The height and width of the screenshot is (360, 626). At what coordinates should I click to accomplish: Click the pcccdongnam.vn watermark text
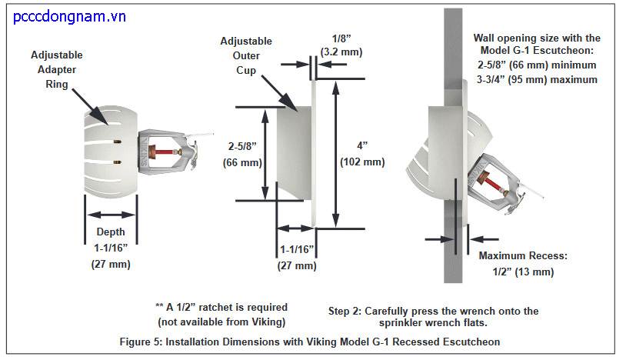coord(70,15)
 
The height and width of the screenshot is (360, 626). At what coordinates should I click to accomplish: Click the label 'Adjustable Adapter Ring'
coord(56,68)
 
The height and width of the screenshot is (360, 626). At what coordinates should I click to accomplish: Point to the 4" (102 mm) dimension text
coord(361,153)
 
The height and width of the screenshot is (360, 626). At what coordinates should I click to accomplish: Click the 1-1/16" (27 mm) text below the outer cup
coord(297,257)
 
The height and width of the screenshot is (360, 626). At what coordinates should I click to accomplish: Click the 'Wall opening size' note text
coord(536,58)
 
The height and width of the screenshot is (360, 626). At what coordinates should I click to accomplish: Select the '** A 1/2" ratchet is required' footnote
coord(221,314)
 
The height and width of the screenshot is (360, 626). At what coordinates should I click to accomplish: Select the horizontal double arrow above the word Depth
coord(110,216)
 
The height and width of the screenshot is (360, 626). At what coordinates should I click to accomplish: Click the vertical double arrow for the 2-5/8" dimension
coord(266,153)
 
